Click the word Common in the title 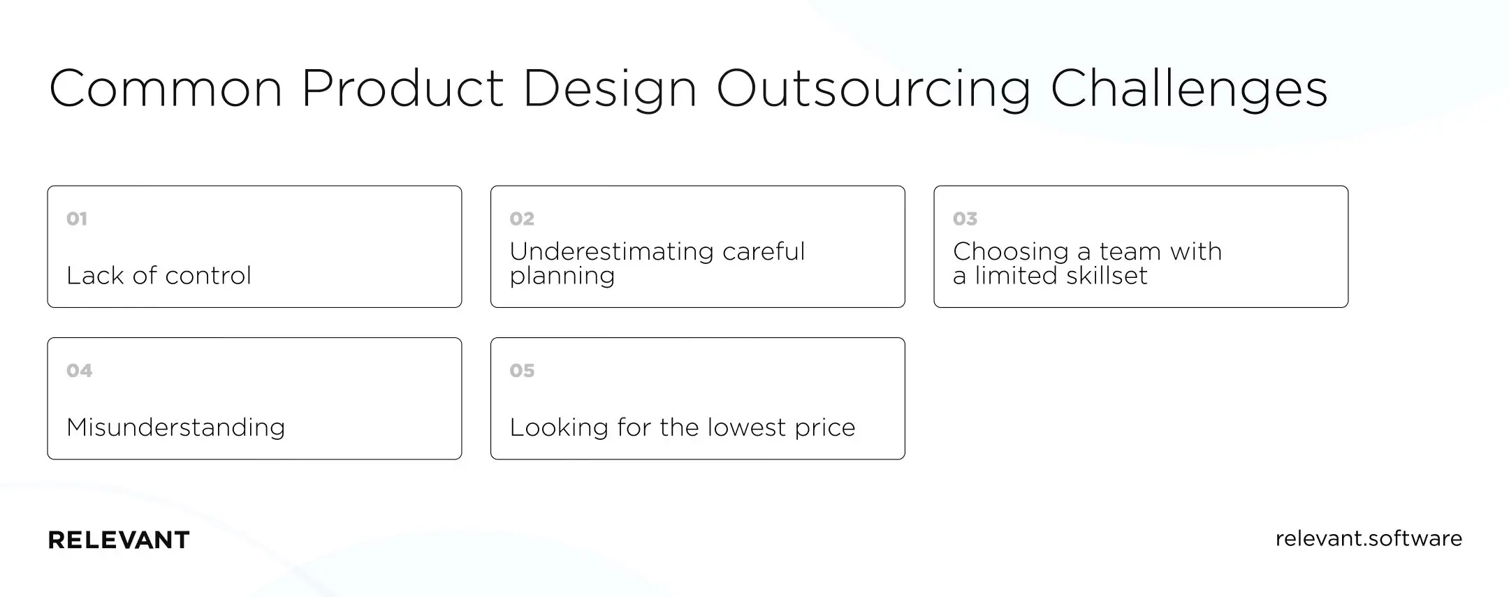[x=166, y=89]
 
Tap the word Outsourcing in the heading [x=873, y=89]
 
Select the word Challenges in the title [x=1188, y=89]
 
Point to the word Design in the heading [x=609, y=89]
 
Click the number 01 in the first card [x=77, y=219]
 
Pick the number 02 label [x=522, y=219]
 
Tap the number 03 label [x=965, y=219]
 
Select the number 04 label [x=79, y=371]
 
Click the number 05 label [x=522, y=371]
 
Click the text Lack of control [x=159, y=276]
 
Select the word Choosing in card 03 [x=1010, y=252]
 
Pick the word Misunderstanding [x=175, y=427]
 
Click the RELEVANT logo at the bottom [x=119, y=540]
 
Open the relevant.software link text [x=1368, y=539]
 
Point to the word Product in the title [x=402, y=89]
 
